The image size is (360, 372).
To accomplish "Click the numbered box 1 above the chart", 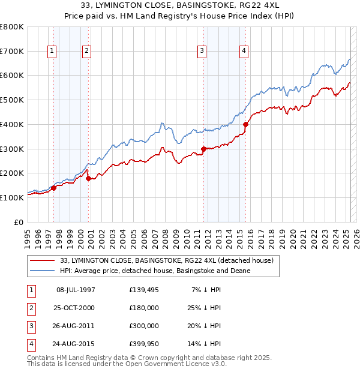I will [x=52, y=52].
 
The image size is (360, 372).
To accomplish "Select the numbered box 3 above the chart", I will [x=202, y=52].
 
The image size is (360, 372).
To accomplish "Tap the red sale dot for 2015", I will [x=245, y=124].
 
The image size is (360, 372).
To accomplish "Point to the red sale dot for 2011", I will [x=203, y=149].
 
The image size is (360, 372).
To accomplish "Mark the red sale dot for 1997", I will [x=53, y=188].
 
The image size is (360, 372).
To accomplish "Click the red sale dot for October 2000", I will [x=88, y=178].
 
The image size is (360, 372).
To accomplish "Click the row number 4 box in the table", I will [x=29, y=344].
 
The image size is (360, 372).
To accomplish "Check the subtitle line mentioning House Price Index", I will [x=180, y=16].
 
